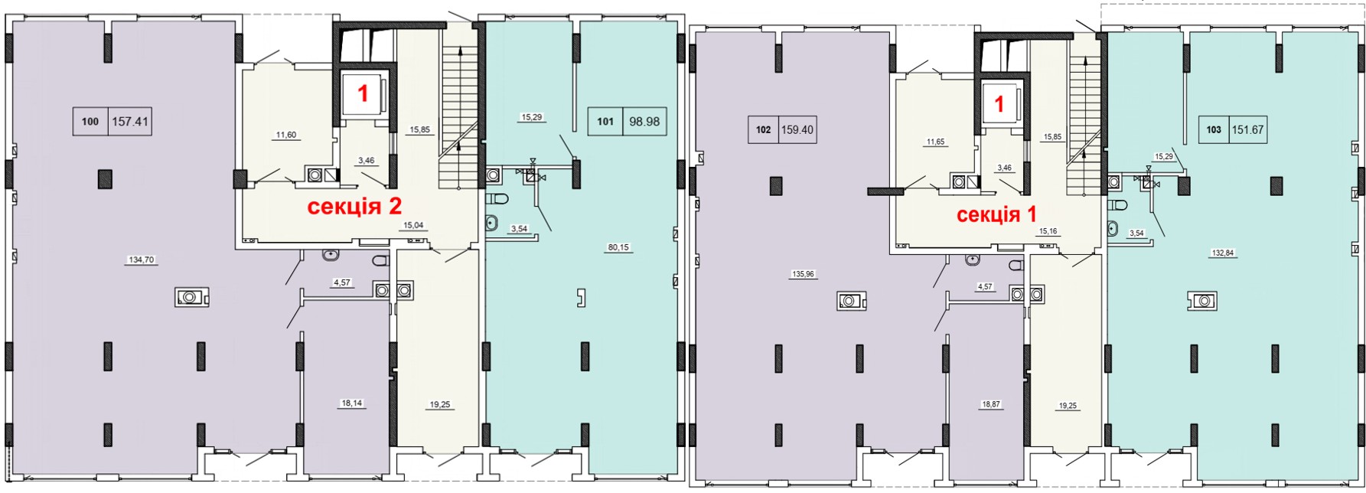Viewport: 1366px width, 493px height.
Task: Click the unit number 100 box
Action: tap(90, 121)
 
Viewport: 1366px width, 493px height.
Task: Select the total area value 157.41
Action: tap(129, 121)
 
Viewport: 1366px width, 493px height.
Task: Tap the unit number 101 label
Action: tap(605, 121)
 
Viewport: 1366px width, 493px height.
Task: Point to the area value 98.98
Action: tap(644, 121)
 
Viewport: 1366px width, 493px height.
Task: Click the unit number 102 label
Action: tap(763, 129)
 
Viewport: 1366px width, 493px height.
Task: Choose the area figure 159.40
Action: tap(797, 129)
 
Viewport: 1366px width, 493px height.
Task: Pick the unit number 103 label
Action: tap(1214, 129)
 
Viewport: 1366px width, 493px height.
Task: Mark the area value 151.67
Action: tap(1248, 129)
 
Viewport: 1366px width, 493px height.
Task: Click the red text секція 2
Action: tap(354, 206)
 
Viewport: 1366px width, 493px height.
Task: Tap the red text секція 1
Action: tap(997, 214)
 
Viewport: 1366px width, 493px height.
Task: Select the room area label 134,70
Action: tap(142, 260)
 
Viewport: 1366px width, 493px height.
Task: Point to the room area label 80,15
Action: tap(619, 247)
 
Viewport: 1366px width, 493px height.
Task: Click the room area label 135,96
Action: tap(803, 273)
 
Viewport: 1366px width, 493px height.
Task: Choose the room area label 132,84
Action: tap(1223, 253)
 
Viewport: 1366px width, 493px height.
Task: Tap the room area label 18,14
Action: tap(351, 403)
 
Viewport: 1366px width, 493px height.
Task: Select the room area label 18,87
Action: tap(991, 404)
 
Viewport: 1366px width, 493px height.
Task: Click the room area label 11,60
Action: tap(285, 135)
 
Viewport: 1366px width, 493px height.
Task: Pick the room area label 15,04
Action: tap(413, 225)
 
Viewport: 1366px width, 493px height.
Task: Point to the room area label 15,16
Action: tap(1048, 230)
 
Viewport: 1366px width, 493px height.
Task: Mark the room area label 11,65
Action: tap(936, 142)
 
